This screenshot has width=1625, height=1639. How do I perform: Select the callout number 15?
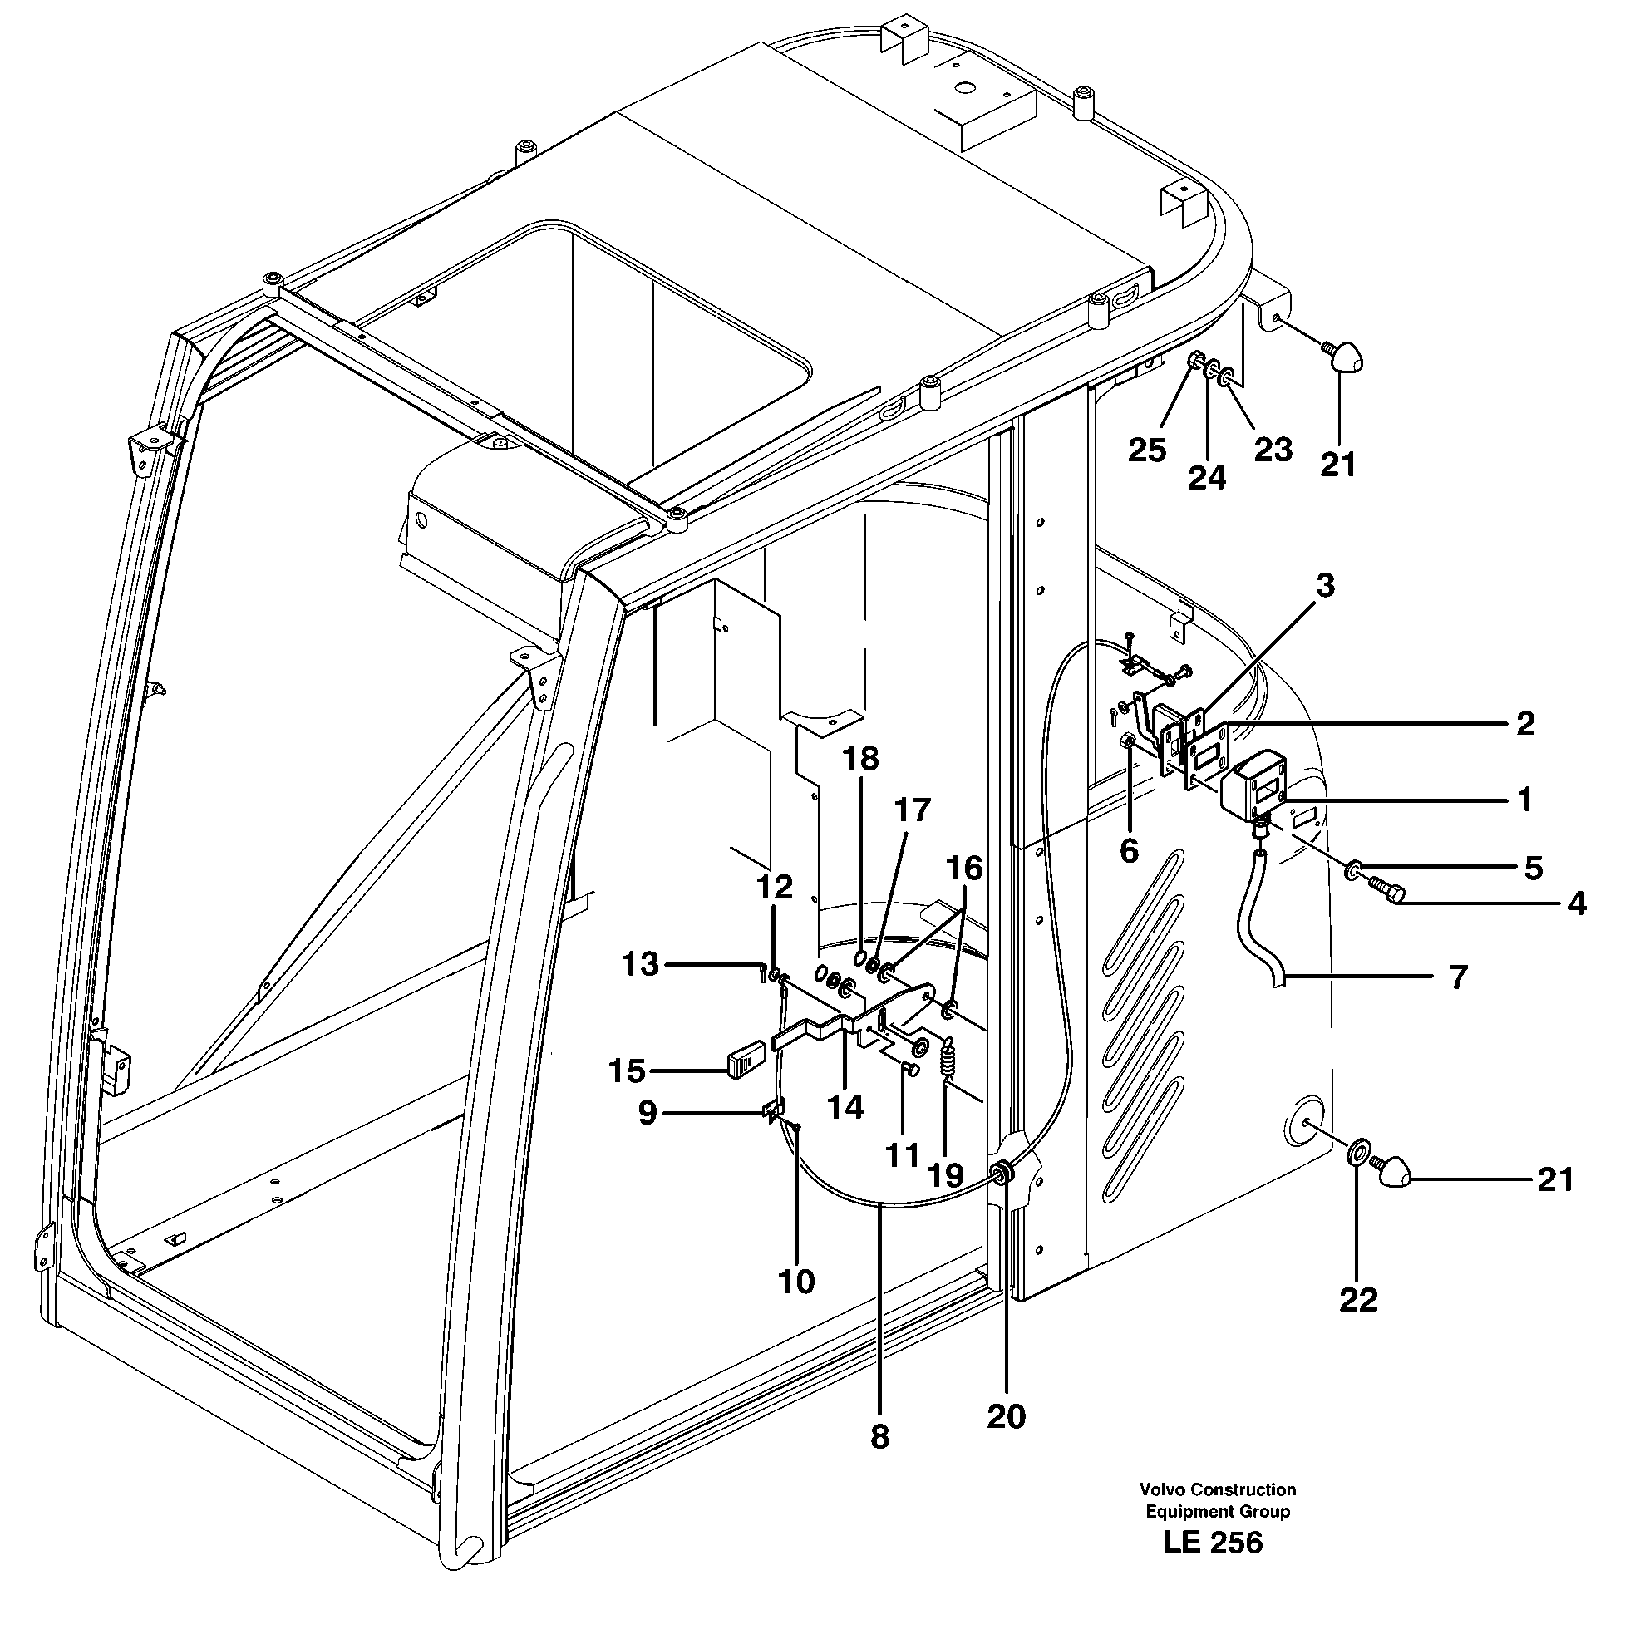(x=627, y=1071)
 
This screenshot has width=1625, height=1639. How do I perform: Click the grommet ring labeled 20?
(x=1002, y=1173)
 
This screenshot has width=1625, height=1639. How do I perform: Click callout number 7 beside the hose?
(x=1458, y=977)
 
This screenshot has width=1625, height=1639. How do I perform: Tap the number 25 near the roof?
(x=1146, y=450)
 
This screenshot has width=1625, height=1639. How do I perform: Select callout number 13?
(x=640, y=965)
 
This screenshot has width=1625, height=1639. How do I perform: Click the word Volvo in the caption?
(x=1162, y=1489)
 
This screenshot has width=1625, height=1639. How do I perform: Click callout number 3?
(x=1325, y=585)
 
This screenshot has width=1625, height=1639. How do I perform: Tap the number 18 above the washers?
(x=860, y=760)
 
